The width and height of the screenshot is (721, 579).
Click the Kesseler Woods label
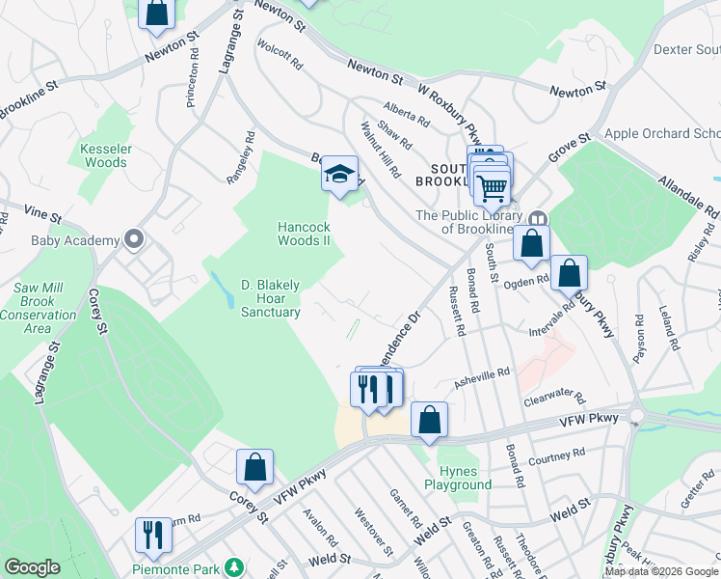(104, 155)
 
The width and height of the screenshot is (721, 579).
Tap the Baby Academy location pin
(133, 239)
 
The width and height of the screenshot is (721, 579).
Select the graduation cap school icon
(338, 175)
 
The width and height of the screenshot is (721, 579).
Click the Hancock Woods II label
(305, 234)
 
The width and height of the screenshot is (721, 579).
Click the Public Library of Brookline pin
(538, 221)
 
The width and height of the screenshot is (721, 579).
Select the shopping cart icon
(492, 185)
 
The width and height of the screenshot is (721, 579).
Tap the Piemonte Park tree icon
(231, 565)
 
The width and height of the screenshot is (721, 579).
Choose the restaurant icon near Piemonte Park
(153, 535)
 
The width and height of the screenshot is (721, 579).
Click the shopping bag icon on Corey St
(254, 467)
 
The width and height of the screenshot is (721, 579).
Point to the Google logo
(32, 567)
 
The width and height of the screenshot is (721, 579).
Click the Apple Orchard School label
(661, 133)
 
